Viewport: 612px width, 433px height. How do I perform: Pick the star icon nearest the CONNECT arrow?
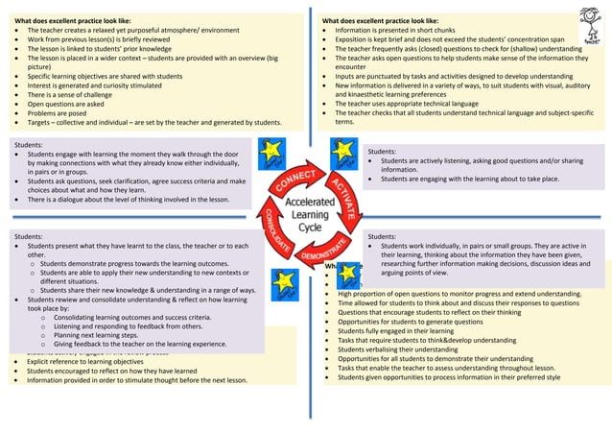(x=269, y=151)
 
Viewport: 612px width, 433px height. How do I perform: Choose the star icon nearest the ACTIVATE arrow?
(x=342, y=152)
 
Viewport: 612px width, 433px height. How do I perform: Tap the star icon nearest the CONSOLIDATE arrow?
(x=283, y=282)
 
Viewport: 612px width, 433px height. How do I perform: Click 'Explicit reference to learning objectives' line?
(x=106, y=362)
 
